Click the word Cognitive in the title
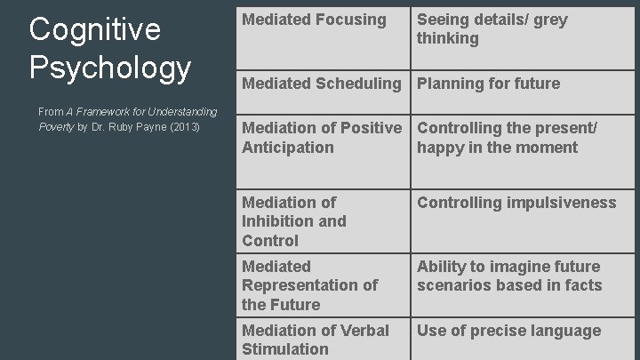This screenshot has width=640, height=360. [x=95, y=29]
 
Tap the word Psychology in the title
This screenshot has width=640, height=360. [x=110, y=68]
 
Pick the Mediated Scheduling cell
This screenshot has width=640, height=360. [x=321, y=84]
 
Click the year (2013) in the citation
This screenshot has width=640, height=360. [x=184, y=126]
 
